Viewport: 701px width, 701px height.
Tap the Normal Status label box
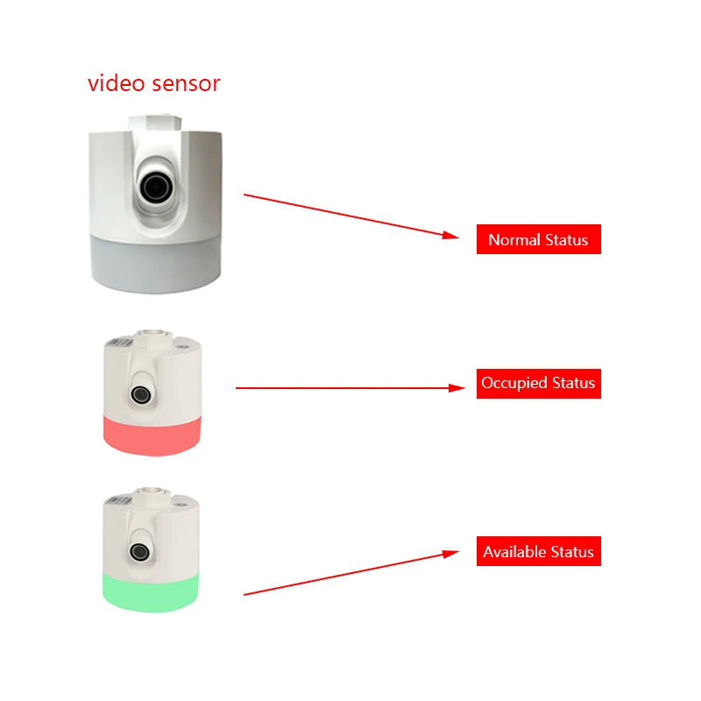[538, 239]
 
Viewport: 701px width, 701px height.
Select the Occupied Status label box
[538, 384]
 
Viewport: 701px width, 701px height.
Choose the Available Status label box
[538, 551]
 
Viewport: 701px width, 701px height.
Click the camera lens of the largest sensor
[158, 185]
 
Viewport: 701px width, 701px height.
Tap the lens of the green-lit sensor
[139, 551]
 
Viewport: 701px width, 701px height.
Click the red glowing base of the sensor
[152, 435]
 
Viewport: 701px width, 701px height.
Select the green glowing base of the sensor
[152, 592]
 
